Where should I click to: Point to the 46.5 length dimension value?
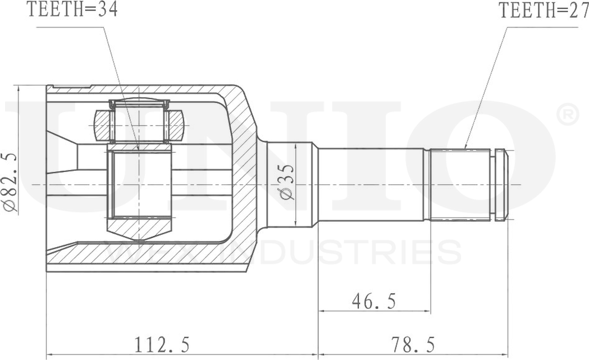(373, 302)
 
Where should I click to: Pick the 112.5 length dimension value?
(162, 343)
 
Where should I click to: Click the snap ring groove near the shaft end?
(493, 184)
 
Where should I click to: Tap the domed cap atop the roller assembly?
(139, 103)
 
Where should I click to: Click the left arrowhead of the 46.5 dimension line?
(322, 311)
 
